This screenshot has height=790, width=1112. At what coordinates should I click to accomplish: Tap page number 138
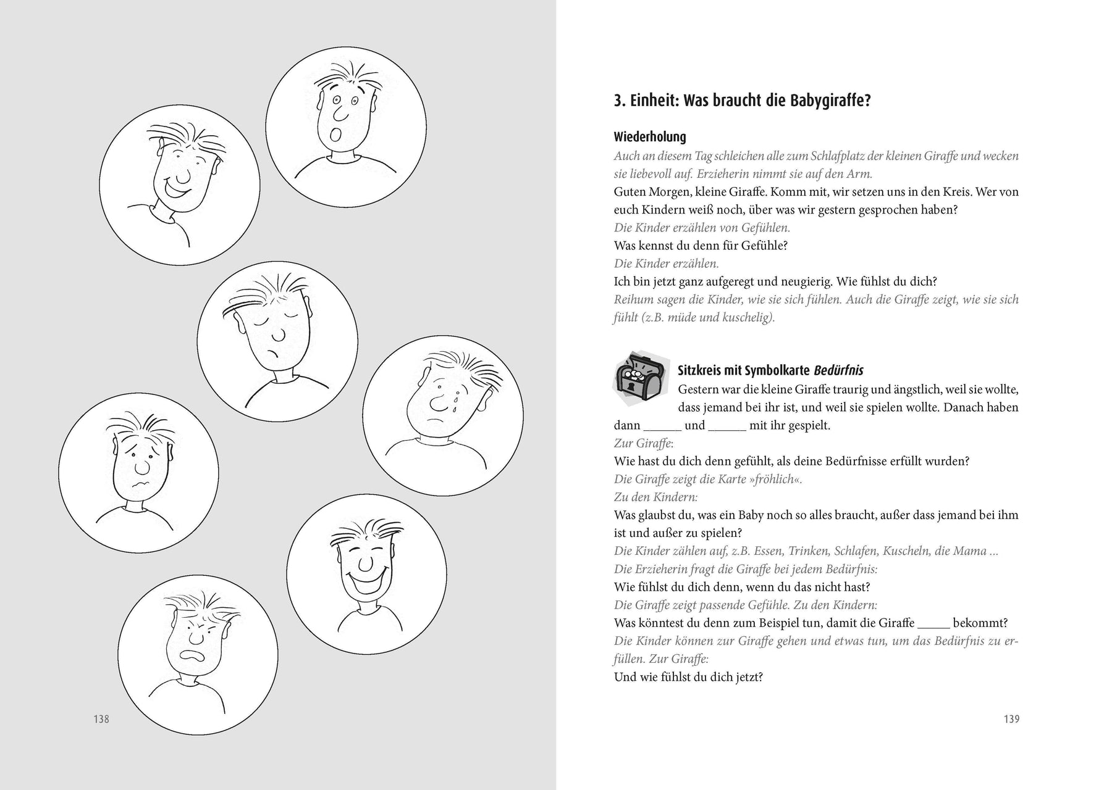(x=101, y=719)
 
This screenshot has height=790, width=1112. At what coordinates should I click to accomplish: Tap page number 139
(x=1011, y=719)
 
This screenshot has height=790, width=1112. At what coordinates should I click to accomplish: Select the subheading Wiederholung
(x=650, y=137)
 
